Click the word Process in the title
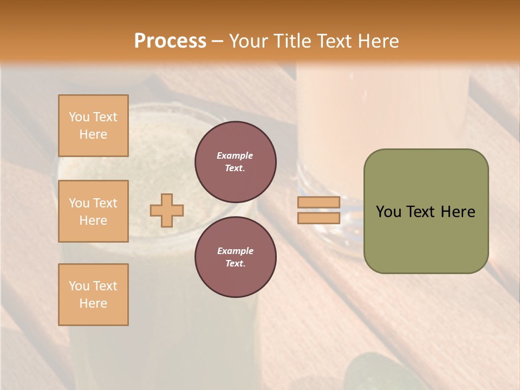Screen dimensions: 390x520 pos(170,41)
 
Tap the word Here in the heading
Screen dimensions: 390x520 pos(378,41)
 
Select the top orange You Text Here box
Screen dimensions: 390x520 pos(93,126)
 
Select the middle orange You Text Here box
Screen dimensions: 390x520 pos(93,211)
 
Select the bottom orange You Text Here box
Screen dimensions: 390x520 pos(93,294)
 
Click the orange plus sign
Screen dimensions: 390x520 pos(166,210)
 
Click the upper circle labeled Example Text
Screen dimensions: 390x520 pos(235,162)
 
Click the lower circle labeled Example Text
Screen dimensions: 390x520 pos(235,257)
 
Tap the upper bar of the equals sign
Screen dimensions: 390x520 pos(318,202)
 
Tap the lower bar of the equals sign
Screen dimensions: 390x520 pos(318,218)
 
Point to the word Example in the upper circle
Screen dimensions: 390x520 pos(235,155)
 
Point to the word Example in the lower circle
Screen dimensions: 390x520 pos(235,251)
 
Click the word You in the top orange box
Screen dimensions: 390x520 pos(79,117)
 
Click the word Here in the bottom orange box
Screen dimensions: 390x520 pos(93,303)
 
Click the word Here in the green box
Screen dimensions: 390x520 pos(458,212)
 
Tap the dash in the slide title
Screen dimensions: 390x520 pos(218,41)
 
